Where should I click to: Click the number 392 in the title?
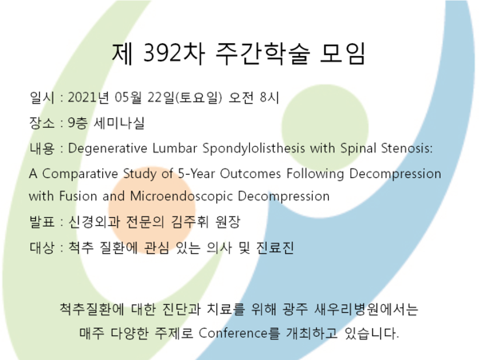coord(163,53)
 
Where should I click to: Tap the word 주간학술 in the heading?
coord(263,53)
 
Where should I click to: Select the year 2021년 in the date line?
coord(89,97)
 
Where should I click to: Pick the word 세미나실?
coord(119,123)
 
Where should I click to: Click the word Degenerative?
coord(108,148)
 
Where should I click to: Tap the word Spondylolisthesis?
coord(254,148)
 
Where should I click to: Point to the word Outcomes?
coord(251,173)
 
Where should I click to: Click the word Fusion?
coord(78,196)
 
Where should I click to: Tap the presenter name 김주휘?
coord(189,222)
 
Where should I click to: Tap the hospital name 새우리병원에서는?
coord(366,309)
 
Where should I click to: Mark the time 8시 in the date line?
coord(270,97)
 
